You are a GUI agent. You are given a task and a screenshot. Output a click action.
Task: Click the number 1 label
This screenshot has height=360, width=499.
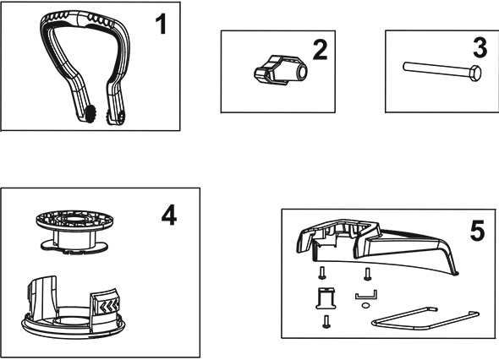pyautogui.click(x=161, y=25)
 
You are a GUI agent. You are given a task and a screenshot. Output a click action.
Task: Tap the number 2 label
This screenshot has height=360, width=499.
pyautogui.click(x=320, y=50)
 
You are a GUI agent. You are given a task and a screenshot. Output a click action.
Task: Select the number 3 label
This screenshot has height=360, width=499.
pyautogui.click(x=480, y=48)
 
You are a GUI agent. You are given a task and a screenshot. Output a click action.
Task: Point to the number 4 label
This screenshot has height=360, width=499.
pyautogui.click(x=169, y=215)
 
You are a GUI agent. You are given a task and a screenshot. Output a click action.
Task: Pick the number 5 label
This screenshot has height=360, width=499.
pyautogui.click(x=477, y=231)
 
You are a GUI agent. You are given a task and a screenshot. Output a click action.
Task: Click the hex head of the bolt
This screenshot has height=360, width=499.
pyautogui.click(x=475, y=74)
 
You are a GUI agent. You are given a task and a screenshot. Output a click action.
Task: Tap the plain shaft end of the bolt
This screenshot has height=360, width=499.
pyautogui.click(x=405, y=67)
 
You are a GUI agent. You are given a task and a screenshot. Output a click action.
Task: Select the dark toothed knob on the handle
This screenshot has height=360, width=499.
pyautogui.click(x=90, y=113)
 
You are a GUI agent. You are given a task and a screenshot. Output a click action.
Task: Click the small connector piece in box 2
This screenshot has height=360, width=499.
pyautogui.click(x=281, y=71)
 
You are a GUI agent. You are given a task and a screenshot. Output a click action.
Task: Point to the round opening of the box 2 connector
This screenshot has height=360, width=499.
pyautogui.click(x=302, y=72)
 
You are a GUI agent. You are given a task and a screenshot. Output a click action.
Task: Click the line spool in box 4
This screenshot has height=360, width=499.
pyautogui.click(x=74, y=232)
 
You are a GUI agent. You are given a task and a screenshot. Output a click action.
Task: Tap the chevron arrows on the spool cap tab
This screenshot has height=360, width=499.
pyautogui.click(x=109, y=306)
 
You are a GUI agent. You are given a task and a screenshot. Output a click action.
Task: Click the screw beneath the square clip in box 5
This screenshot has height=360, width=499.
pyautogui.click(x=326, y=321)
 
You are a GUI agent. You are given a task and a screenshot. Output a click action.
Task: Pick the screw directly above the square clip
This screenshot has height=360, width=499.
pyautogui.click(x=321, y=273)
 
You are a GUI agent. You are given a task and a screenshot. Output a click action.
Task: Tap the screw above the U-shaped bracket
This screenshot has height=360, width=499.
pyautogui.click(x=368, y=274)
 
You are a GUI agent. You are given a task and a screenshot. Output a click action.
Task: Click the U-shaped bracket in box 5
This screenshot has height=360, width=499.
pyautogui.click(x=366, y=295)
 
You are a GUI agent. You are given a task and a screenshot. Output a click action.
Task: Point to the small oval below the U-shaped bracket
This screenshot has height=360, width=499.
pyautogui.click(x=365, y=306)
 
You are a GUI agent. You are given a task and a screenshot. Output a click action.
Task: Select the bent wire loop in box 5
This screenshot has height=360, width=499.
pyautogui.click(x=425, y=319)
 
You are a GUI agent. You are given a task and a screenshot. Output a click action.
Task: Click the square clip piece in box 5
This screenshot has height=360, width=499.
pyautogui.click(x=326, y=298)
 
